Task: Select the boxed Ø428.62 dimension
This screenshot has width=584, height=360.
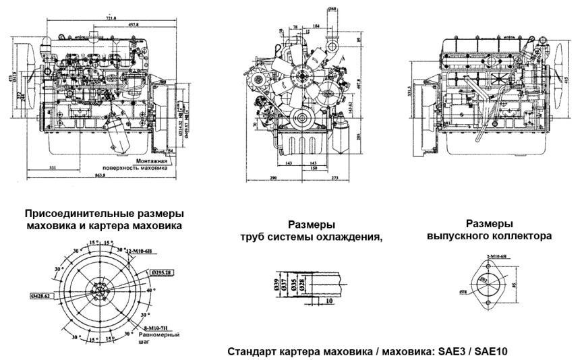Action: [x=42, y=296]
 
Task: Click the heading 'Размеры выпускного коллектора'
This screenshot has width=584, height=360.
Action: [x=490, y=230]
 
